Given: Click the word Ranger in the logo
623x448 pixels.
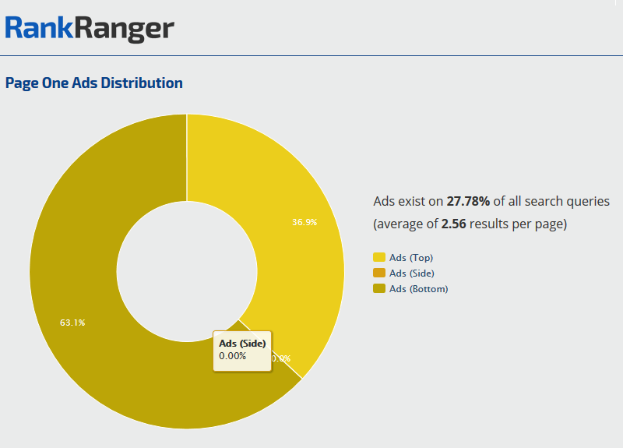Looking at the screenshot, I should tap(125, 29).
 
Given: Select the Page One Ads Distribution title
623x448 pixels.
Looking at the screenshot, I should tap(94, 83).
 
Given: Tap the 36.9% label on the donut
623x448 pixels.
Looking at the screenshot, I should tap(304, 222).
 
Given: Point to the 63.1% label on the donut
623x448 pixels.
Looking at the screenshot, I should tap(72, 322).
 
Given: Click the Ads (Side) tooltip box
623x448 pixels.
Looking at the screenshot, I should tap(242, 349).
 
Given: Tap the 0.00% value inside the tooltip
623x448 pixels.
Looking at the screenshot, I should tap(233, 356).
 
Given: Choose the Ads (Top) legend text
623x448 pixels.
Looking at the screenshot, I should tap(410, 257).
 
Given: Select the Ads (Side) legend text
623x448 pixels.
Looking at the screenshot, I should tap(412, 273).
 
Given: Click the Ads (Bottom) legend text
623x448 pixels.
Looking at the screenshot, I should tap(419, 288).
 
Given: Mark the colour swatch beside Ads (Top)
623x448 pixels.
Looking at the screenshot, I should tap(379, 257).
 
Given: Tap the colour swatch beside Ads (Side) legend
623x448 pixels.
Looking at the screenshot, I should tap(379, 273).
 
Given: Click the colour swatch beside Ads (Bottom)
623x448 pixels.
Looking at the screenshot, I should tap(379, 288).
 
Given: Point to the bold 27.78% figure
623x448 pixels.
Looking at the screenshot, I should tap(468, 201).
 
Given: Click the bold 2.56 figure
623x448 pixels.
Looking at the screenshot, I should tap(456, 224).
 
